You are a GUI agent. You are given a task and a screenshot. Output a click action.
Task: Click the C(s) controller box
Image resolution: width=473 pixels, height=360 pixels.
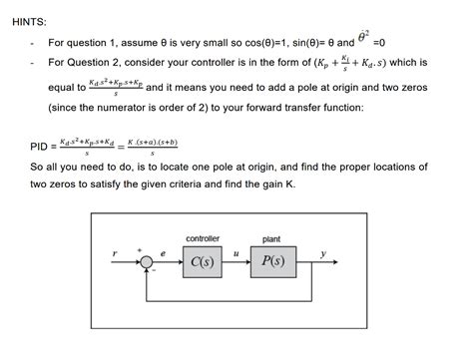[204, 262]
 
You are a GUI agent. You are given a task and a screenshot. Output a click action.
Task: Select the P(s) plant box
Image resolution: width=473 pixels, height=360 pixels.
[271, 262]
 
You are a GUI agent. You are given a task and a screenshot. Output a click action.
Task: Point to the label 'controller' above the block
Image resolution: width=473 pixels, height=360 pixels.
[204, 238]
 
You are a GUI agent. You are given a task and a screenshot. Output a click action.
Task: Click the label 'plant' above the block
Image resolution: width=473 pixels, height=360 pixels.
[270, 238]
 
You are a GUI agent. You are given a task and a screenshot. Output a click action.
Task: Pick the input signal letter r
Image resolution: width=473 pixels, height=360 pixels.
[116, 255]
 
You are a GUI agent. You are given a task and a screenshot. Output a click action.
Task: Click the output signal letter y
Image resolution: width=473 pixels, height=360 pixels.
[322, 254]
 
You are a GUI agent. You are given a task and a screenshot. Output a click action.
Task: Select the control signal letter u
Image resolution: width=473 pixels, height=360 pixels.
[236, 254]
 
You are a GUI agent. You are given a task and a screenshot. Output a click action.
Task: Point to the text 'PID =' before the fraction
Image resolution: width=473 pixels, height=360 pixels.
[41, 147]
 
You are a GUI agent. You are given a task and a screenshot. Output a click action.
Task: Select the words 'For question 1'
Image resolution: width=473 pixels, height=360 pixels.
[81, 43]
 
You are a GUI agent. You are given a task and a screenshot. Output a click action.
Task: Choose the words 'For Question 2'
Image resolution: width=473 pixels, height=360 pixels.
[83, 64]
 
